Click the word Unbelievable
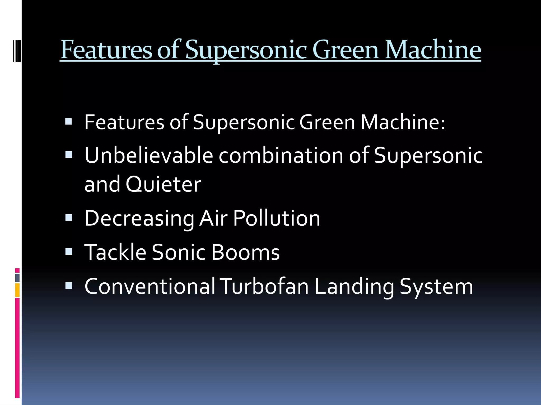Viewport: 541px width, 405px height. pyautogui.click(x=149, y=155)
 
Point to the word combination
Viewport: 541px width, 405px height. pyautogui.click(x=281, y=155)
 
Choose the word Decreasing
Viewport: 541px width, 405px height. pyautogui.click(x=139, y=218)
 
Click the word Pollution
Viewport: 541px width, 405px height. pyautogui.click(x=277, y=218)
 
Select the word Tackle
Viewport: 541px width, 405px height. pyautogui.click(x=115, y=252)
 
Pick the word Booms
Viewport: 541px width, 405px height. pyautogui.click(x=245, y=252)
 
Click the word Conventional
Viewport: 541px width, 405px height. pyautogui.click(x=150, y=286)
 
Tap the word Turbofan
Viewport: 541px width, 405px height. pyautogui.click(x=265, y=286)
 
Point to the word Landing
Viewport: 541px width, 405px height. pyautogui.click(x=354, y=287)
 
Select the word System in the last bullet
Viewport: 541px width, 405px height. pyautogui.click(x=436, y=287)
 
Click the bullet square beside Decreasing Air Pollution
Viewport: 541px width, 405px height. pyautogui.click(x=69, y=218)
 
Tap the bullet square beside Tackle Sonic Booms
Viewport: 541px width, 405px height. pyautogui.click(x=69, y=251)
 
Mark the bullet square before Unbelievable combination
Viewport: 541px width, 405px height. pyautogui.click(x=69, y=155)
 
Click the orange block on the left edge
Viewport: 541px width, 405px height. pyautogui.click(x=17, y=290)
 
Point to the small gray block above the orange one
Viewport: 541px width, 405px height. pyautogui.click(x=17, y=278)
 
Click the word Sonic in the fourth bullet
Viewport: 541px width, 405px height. pyautogui.click(x=179, y=252)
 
